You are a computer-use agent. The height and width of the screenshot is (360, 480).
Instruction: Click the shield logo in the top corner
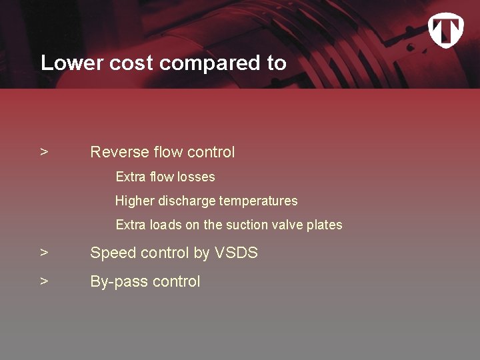(x=445, y=31)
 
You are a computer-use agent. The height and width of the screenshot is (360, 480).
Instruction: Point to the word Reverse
(x=119, y=153)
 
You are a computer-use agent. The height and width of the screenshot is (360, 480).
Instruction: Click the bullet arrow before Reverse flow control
(x=44, y=153)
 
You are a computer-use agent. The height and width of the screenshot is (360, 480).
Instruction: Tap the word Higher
(x=135, y=201)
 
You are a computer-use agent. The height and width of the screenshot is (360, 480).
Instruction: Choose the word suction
(x=248, y=225)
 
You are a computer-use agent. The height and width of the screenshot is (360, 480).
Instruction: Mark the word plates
(x=325, y=225)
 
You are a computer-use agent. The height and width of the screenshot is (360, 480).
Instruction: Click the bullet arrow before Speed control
(x=44, y=253)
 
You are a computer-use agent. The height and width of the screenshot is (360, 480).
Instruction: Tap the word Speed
(x=111, y=253)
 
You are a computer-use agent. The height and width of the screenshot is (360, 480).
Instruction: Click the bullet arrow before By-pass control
(x=44, y=281)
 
